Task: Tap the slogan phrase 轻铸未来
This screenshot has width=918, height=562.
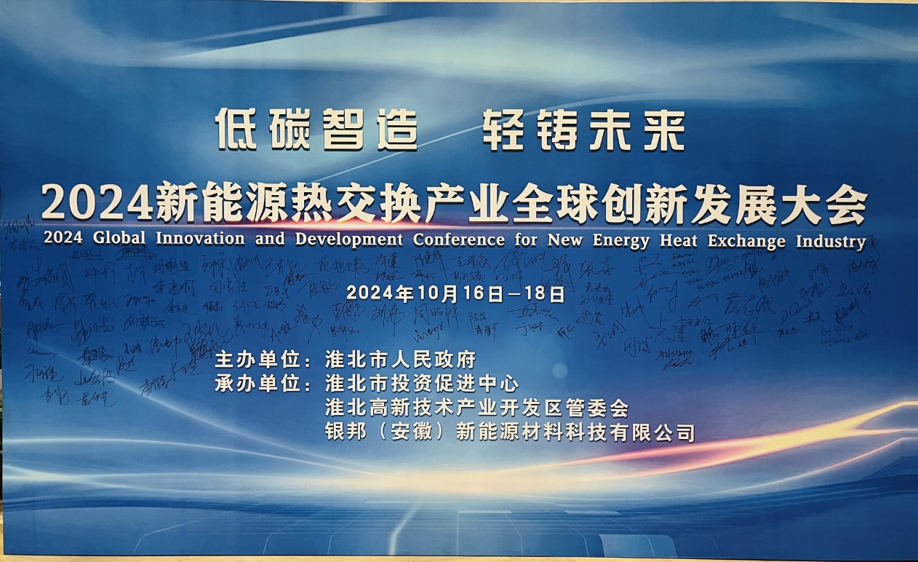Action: (x=583, y=129)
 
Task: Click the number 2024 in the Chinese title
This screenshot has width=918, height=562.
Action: (x=97, y=203)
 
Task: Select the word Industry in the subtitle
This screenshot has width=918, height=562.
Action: (x=831, y=241)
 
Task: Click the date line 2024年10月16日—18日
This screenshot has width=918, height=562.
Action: (x=455, y=294)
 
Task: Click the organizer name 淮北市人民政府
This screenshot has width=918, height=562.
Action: (x=401, y=360)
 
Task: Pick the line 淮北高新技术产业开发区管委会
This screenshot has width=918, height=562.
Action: (x=476, y=408)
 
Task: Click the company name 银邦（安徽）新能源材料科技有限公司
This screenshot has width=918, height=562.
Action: (x=510, y=433)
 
